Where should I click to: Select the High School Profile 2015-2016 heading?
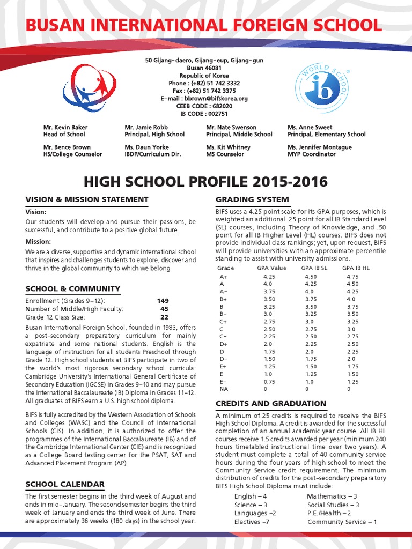206,182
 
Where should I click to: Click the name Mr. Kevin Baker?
65,127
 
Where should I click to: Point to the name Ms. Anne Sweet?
310,127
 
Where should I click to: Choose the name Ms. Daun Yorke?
146,147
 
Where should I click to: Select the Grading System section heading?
252,199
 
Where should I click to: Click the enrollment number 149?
163,301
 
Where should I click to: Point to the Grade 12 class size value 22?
164,317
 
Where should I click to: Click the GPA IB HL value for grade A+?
352,277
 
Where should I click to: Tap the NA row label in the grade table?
224,389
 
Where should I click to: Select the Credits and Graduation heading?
271,403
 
